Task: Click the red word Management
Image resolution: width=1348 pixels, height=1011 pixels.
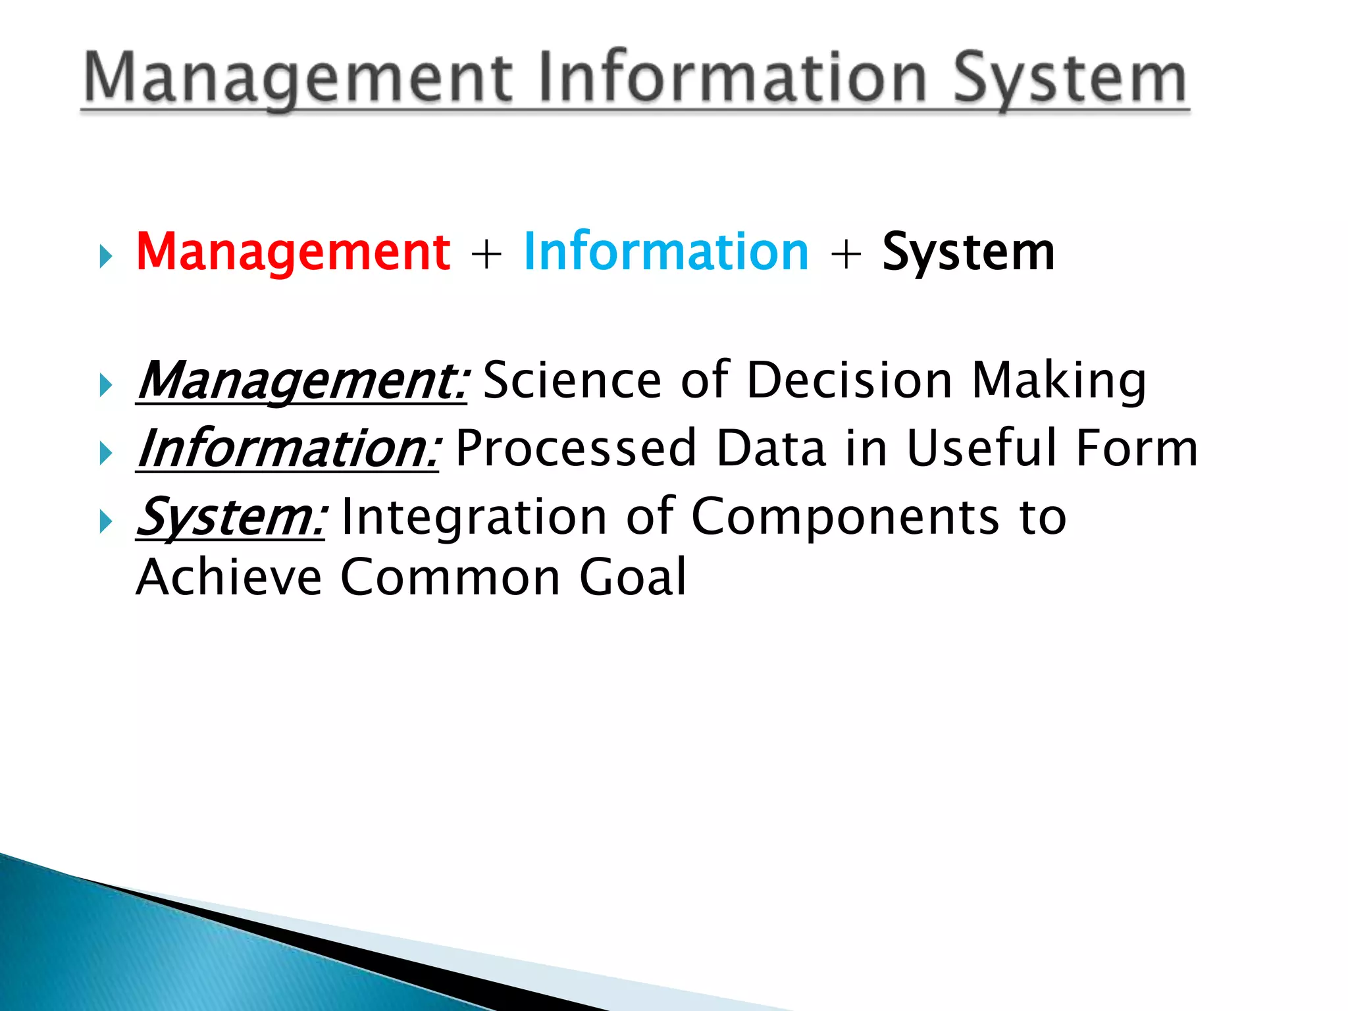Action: coord(293,252)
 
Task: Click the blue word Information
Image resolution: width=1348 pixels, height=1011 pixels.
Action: coord(665,252)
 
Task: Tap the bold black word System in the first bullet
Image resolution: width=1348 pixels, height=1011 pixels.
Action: coord(968,252)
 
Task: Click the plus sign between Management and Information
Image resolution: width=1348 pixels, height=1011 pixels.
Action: coord(486,254)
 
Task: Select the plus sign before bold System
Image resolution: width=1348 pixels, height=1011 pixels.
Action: coord(846,254)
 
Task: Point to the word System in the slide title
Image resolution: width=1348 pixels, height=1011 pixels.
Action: coord(1070,79)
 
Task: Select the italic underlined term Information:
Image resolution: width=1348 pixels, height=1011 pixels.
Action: coord(288,450)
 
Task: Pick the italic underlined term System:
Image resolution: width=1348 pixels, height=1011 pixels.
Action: coord(230,518)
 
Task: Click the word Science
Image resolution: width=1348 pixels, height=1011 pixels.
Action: coord(572,380)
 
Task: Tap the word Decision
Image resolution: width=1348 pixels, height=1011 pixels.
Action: coord(850,380)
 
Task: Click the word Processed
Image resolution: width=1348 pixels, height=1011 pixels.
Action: coord(575,449)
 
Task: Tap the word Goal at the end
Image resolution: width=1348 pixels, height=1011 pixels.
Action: coord(633,577)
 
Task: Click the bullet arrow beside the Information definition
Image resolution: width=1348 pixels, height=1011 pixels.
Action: coord(106,454)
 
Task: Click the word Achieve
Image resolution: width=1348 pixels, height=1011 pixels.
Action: coord(229,577)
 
